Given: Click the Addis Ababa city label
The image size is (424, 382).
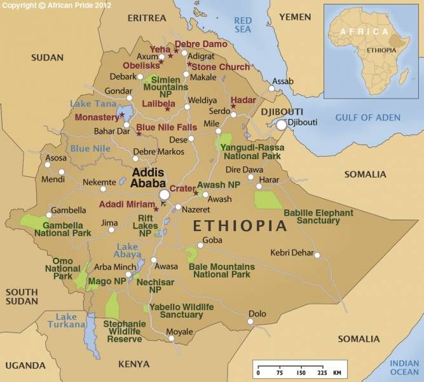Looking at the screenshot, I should point(147,178).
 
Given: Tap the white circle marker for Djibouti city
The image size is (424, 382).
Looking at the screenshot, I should point(282,125).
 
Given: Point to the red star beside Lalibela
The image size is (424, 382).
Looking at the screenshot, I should point(168,110).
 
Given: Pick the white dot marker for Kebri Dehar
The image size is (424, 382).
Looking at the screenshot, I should point(317,255).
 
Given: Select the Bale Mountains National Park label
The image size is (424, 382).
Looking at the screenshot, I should point(222,271).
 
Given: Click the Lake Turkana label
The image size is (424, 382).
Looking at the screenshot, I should point(66,320).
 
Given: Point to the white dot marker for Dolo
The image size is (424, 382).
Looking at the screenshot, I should point(250,322).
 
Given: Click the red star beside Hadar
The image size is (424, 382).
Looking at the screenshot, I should point(233,106).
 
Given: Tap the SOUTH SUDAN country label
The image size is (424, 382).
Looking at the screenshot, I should point(22,297).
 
